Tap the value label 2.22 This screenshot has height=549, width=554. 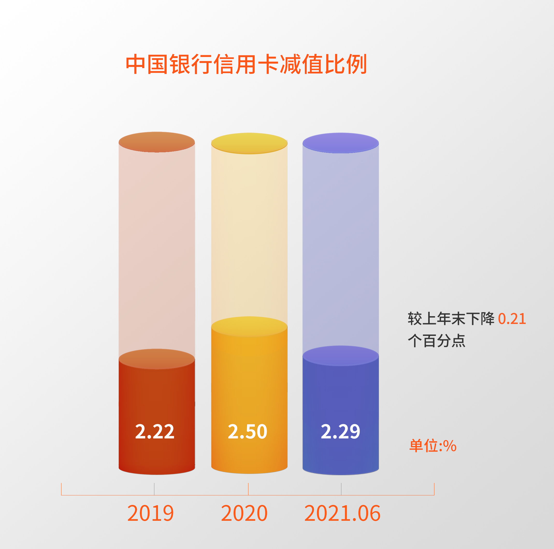(x=155, y=431)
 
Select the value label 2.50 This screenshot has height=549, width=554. (x=247, y=431)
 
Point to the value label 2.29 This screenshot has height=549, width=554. (x=340, y=431)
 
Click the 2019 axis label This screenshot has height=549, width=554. (x=150, y=513)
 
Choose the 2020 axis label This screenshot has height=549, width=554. (x=244, y=513)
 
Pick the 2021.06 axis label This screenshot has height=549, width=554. (x=342, y=513)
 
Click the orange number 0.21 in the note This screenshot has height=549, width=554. (x=512, y=319)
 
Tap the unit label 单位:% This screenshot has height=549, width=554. (x=433, y=446)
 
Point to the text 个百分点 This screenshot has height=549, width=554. (x=436, y=341)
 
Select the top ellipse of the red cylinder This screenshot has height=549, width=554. (x=156, y=142)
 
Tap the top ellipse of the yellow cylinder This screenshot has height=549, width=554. (x=249, y=143)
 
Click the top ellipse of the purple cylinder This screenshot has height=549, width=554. (x=341, y=143)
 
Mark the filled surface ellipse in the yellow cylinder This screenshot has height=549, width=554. (x=249, y=327)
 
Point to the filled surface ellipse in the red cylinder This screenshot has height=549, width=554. (x=156, y=359)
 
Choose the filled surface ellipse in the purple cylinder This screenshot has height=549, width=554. (x=341, y=356)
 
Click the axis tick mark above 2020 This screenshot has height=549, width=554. (x=248, y=489)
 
